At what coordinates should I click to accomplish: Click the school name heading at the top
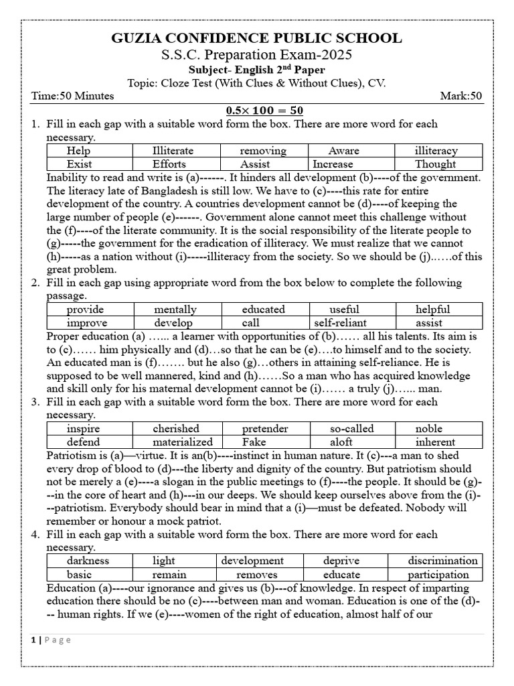tap(256, 38)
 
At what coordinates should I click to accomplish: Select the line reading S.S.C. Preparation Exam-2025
tap(256, 55)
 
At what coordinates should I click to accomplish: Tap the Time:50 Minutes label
tap(72, 96)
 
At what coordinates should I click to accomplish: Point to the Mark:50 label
tap(460, 96)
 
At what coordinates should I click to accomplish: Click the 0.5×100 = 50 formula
tap(256, 110)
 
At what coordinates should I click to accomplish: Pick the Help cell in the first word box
tap(79, 151)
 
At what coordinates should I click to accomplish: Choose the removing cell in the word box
tap(263, 151)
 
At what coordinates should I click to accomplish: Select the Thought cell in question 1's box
tap(436, 164)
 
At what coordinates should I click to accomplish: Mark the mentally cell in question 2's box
tap(175, 310)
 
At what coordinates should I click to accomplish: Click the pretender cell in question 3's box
tap(265, 429)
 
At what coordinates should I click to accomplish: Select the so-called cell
tap(350, 429)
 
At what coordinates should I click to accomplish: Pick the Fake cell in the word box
tap(254, 442)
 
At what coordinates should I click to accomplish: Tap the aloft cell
tap(341, 442)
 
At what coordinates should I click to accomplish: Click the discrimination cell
tap(443, 561)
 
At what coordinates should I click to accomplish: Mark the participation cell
tap(438, 575)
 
